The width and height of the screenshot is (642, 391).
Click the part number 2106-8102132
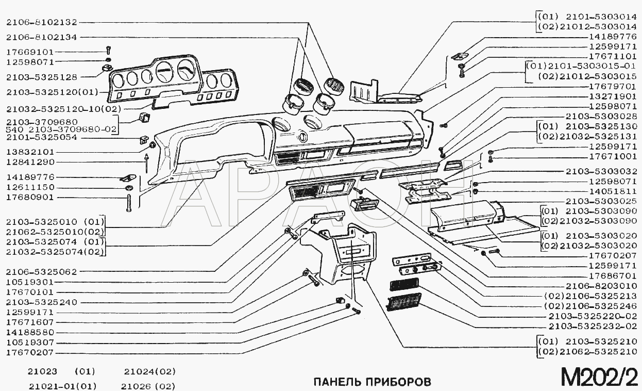(42, 22)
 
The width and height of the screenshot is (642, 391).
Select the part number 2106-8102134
(42, 37)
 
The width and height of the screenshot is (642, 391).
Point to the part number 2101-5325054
(42, 137)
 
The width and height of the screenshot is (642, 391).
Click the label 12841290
(30, 162)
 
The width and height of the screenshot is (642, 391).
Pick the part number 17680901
(30, 198)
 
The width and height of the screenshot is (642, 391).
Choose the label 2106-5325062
(42, 272)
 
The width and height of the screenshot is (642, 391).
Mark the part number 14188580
(30, 333)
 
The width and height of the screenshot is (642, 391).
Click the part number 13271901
(613, 96)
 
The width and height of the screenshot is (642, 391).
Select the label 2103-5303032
(601, 172)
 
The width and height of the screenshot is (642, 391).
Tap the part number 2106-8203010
(601, 286)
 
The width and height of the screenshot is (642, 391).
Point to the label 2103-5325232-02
(593, 326)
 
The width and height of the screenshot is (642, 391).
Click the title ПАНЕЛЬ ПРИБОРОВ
(373, 382)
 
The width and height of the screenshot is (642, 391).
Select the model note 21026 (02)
(148, 386)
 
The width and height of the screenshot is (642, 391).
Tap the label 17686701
(613, 276)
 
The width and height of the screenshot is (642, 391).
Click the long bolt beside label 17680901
(129, 203)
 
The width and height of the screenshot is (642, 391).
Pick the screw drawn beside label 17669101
(108, 50)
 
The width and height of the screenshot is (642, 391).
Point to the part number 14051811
(613, 191)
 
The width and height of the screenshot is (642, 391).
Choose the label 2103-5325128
(42, 77)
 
